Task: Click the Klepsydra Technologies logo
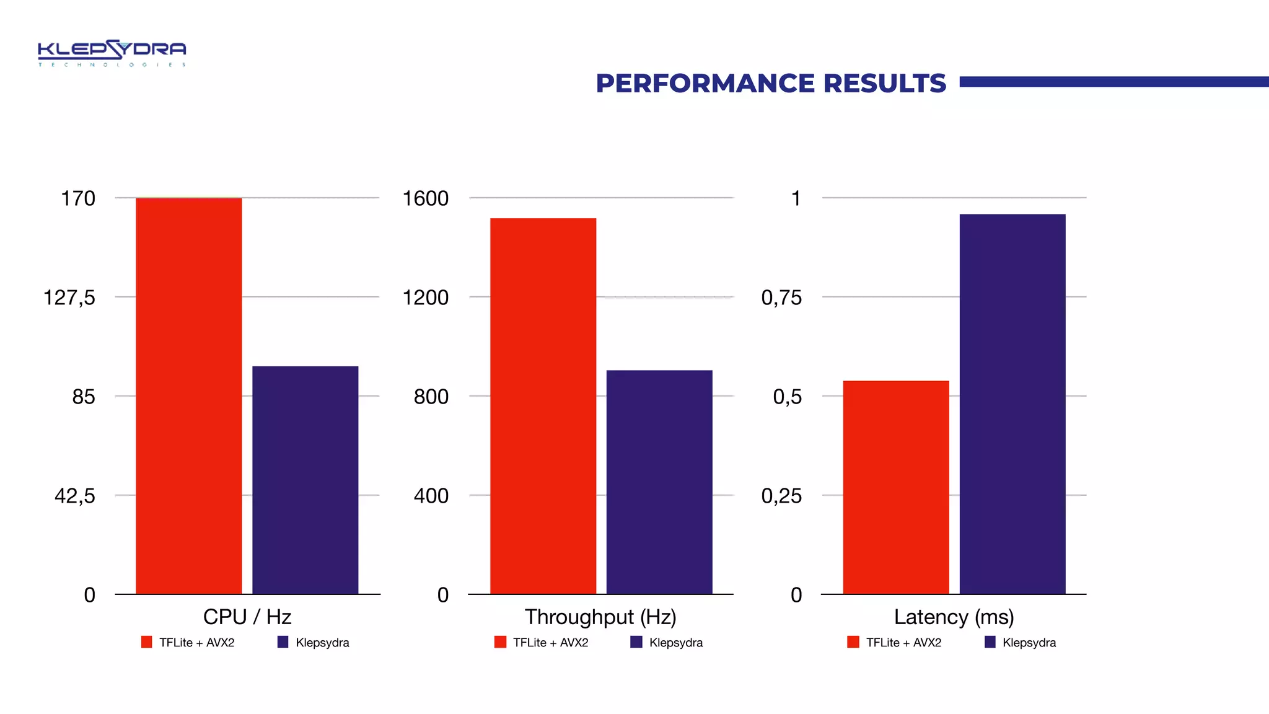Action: (112, 53)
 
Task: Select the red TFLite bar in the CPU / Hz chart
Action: (188, 397)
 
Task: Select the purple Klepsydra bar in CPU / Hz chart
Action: (305, 480)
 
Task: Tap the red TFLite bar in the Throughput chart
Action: (543, 406)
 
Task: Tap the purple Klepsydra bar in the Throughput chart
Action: (659, 482)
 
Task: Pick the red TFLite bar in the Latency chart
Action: (896, 488)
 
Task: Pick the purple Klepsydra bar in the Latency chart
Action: (1012, 404)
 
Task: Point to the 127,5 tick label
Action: (69, 297)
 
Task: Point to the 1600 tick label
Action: (425, 198)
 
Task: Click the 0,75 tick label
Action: (781, 297)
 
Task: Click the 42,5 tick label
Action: (75, 496)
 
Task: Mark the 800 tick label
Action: (431, 397)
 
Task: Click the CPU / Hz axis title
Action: (247, 617)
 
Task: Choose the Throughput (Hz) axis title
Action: (600, 617)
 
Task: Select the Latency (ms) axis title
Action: (954, 617)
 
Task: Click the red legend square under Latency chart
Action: (853, 642)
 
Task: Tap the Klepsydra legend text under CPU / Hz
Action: (322, 643)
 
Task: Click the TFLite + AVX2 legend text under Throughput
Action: (550, 643)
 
